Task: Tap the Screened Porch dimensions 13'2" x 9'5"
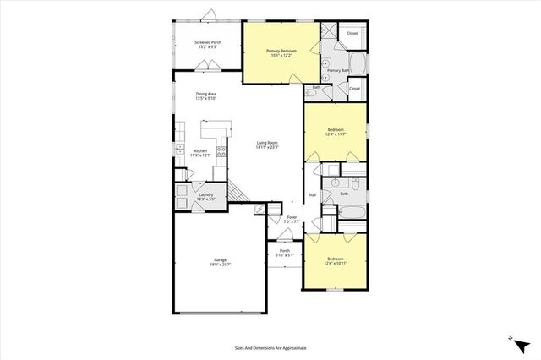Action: [x=208, y=47]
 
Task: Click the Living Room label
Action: [x=268, y=143]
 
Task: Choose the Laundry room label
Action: [x=205, y=194]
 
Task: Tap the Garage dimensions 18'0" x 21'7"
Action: [x=219, y=265]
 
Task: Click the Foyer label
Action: [x=292, y=217]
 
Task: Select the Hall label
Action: [x=312, y=195]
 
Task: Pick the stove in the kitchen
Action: [x=221, y=152]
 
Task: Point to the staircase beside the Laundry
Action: [x=240, y=194]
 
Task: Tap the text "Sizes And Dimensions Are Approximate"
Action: [x=270, y=347]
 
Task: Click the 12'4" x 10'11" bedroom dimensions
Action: [x=335, y=264]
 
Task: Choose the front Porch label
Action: [x=285, y=251]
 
